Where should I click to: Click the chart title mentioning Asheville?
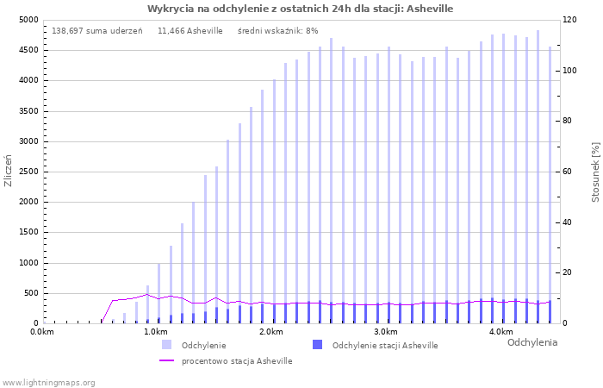(300, 9)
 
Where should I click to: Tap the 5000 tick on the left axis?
(28, 20)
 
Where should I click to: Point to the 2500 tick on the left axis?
(28, 172)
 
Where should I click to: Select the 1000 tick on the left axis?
(28, 263)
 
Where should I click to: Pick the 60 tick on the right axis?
(570, 172)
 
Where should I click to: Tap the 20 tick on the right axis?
(570, 273)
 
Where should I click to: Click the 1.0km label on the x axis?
(156, 332)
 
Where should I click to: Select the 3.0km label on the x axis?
(385, 332)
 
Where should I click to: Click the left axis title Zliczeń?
(9, 172)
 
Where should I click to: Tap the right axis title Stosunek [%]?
(595, 172)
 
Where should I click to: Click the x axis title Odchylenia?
(532, 342)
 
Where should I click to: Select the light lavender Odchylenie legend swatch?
(166, 345)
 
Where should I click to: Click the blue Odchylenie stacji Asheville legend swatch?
(317, 345)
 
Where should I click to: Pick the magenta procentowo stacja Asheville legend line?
(166, 361)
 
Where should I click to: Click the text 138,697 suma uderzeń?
(97, 31)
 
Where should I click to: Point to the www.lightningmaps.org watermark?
(48, 382)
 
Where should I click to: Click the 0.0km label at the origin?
(42, 332)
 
